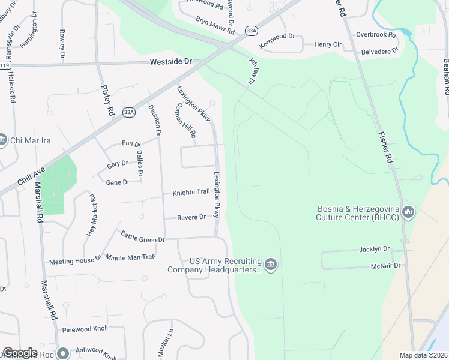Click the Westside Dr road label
pos(170,62)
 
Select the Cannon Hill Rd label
pos(185,120)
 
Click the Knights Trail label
pos(191,193)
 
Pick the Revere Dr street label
pos(191,217)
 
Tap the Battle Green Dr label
pos(143,237)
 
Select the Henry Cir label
pos(328,44)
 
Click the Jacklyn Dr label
pos(375,248)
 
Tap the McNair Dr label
pos(385,265)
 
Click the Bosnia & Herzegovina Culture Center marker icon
pos(408,212)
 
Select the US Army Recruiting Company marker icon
pos(270,265)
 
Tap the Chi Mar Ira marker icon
pos(4,141)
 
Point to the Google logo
pos(20,353)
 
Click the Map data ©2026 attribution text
pos(423,355)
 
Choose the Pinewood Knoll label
pos(85,330)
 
